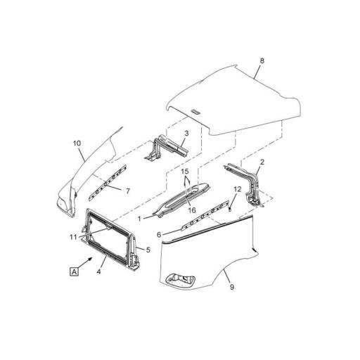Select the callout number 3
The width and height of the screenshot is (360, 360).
tap(186, 133)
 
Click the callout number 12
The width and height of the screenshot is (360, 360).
tap(237, 188)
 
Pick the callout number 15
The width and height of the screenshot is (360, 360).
tap(186, 171)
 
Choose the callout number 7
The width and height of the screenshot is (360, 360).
tap(127, 191)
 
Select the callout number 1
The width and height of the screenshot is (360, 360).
tap(140, 219)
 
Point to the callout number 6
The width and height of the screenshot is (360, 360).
tap(160, 234)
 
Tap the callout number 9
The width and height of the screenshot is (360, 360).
tap(231, 287)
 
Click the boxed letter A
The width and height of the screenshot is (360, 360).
tap(73, 270)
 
